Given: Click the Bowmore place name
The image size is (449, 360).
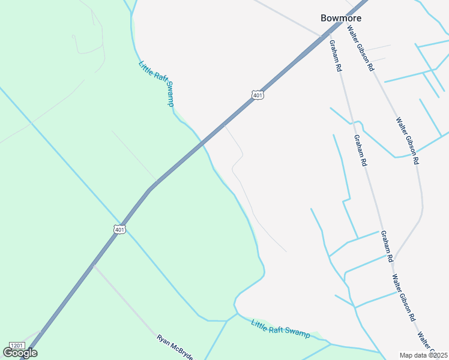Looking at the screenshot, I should click(341, 18).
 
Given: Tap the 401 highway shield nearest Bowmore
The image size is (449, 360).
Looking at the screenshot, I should click(258, 95).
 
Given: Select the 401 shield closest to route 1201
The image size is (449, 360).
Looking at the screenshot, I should click(119, 229).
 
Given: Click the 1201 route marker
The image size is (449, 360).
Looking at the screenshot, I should click(17, 346).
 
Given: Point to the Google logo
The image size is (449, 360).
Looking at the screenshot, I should click(20, 353).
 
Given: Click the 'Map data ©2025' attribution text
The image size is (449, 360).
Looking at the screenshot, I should click(424, 355).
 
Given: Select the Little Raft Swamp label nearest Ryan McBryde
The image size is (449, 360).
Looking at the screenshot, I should click(280, 328).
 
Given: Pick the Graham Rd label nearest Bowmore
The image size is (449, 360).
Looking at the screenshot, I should click(335, 56).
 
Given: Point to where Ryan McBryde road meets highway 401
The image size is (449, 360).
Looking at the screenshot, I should click(93, 264).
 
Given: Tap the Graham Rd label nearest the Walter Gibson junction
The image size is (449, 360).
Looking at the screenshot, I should click(386, 246).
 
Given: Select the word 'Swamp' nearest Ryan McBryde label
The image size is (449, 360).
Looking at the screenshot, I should click(297, 331).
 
